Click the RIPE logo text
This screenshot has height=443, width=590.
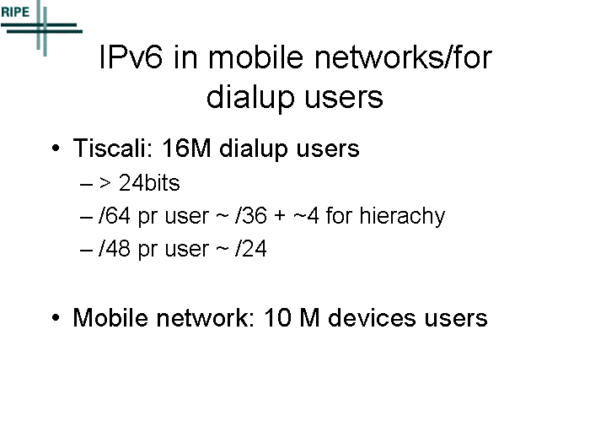[x=15, y=12]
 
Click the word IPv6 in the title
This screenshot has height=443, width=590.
[x=131, y=57]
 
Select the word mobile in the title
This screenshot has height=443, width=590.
[x=256, y=57]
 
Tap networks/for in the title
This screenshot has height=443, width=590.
[x=403, y=57]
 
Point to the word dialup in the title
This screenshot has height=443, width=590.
[x=250, y=97]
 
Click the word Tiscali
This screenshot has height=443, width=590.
[x=112, y=148]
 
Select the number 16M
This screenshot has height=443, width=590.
[x=186, y=148]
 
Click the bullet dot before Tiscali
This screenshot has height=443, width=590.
[x=56, y=148]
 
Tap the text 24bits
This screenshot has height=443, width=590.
[x=149, y=183]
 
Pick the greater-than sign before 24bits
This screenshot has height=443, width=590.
[x=105, y=183]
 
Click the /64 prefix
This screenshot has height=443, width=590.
[x=115, y=216]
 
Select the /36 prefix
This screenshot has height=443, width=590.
[x=250, y=216]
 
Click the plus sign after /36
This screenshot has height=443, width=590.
[x=280, y=217]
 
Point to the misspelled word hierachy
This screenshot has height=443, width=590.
[x=402, y=216]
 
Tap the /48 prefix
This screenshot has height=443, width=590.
[x=115, y=249]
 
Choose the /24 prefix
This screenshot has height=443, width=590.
[x=250, y=249]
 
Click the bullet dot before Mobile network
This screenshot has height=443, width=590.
[x=56, y=317]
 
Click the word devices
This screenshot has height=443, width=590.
[x=372, y=317]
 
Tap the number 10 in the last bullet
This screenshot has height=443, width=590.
[x=277, y=317]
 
